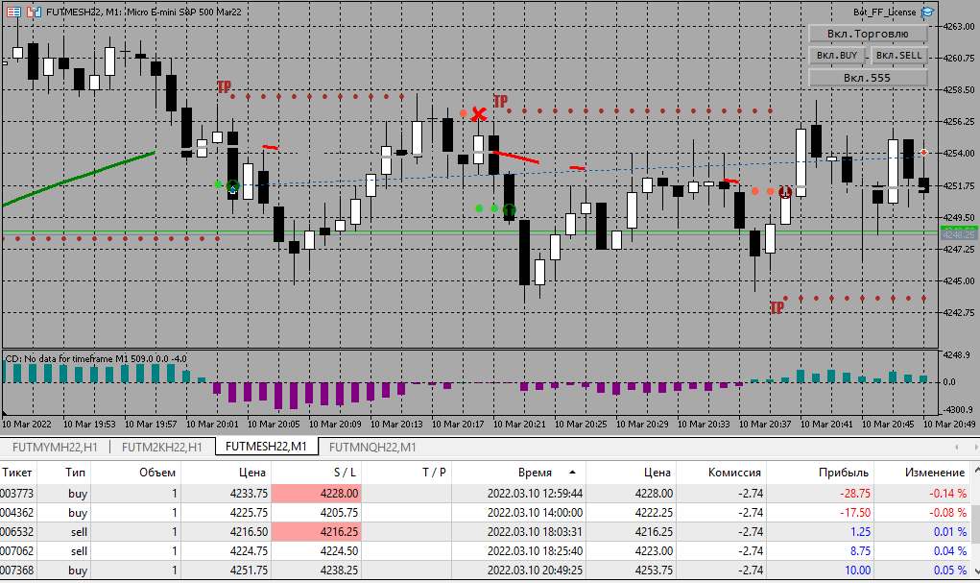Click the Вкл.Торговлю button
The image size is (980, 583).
tap(868, 34)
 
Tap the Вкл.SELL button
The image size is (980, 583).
tap(898, 56)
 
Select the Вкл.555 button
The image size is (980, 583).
tap(868, 77)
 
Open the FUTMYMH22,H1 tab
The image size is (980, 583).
tap(54, 447)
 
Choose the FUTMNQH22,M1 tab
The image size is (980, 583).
tap(372, 447)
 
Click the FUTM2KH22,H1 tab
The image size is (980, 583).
tap(161, 447)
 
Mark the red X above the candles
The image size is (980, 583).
tap(479, 113)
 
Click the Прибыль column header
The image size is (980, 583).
tap(845, 473)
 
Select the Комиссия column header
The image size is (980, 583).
tap(735, 473)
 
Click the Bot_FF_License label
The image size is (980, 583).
tap(884, 12)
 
